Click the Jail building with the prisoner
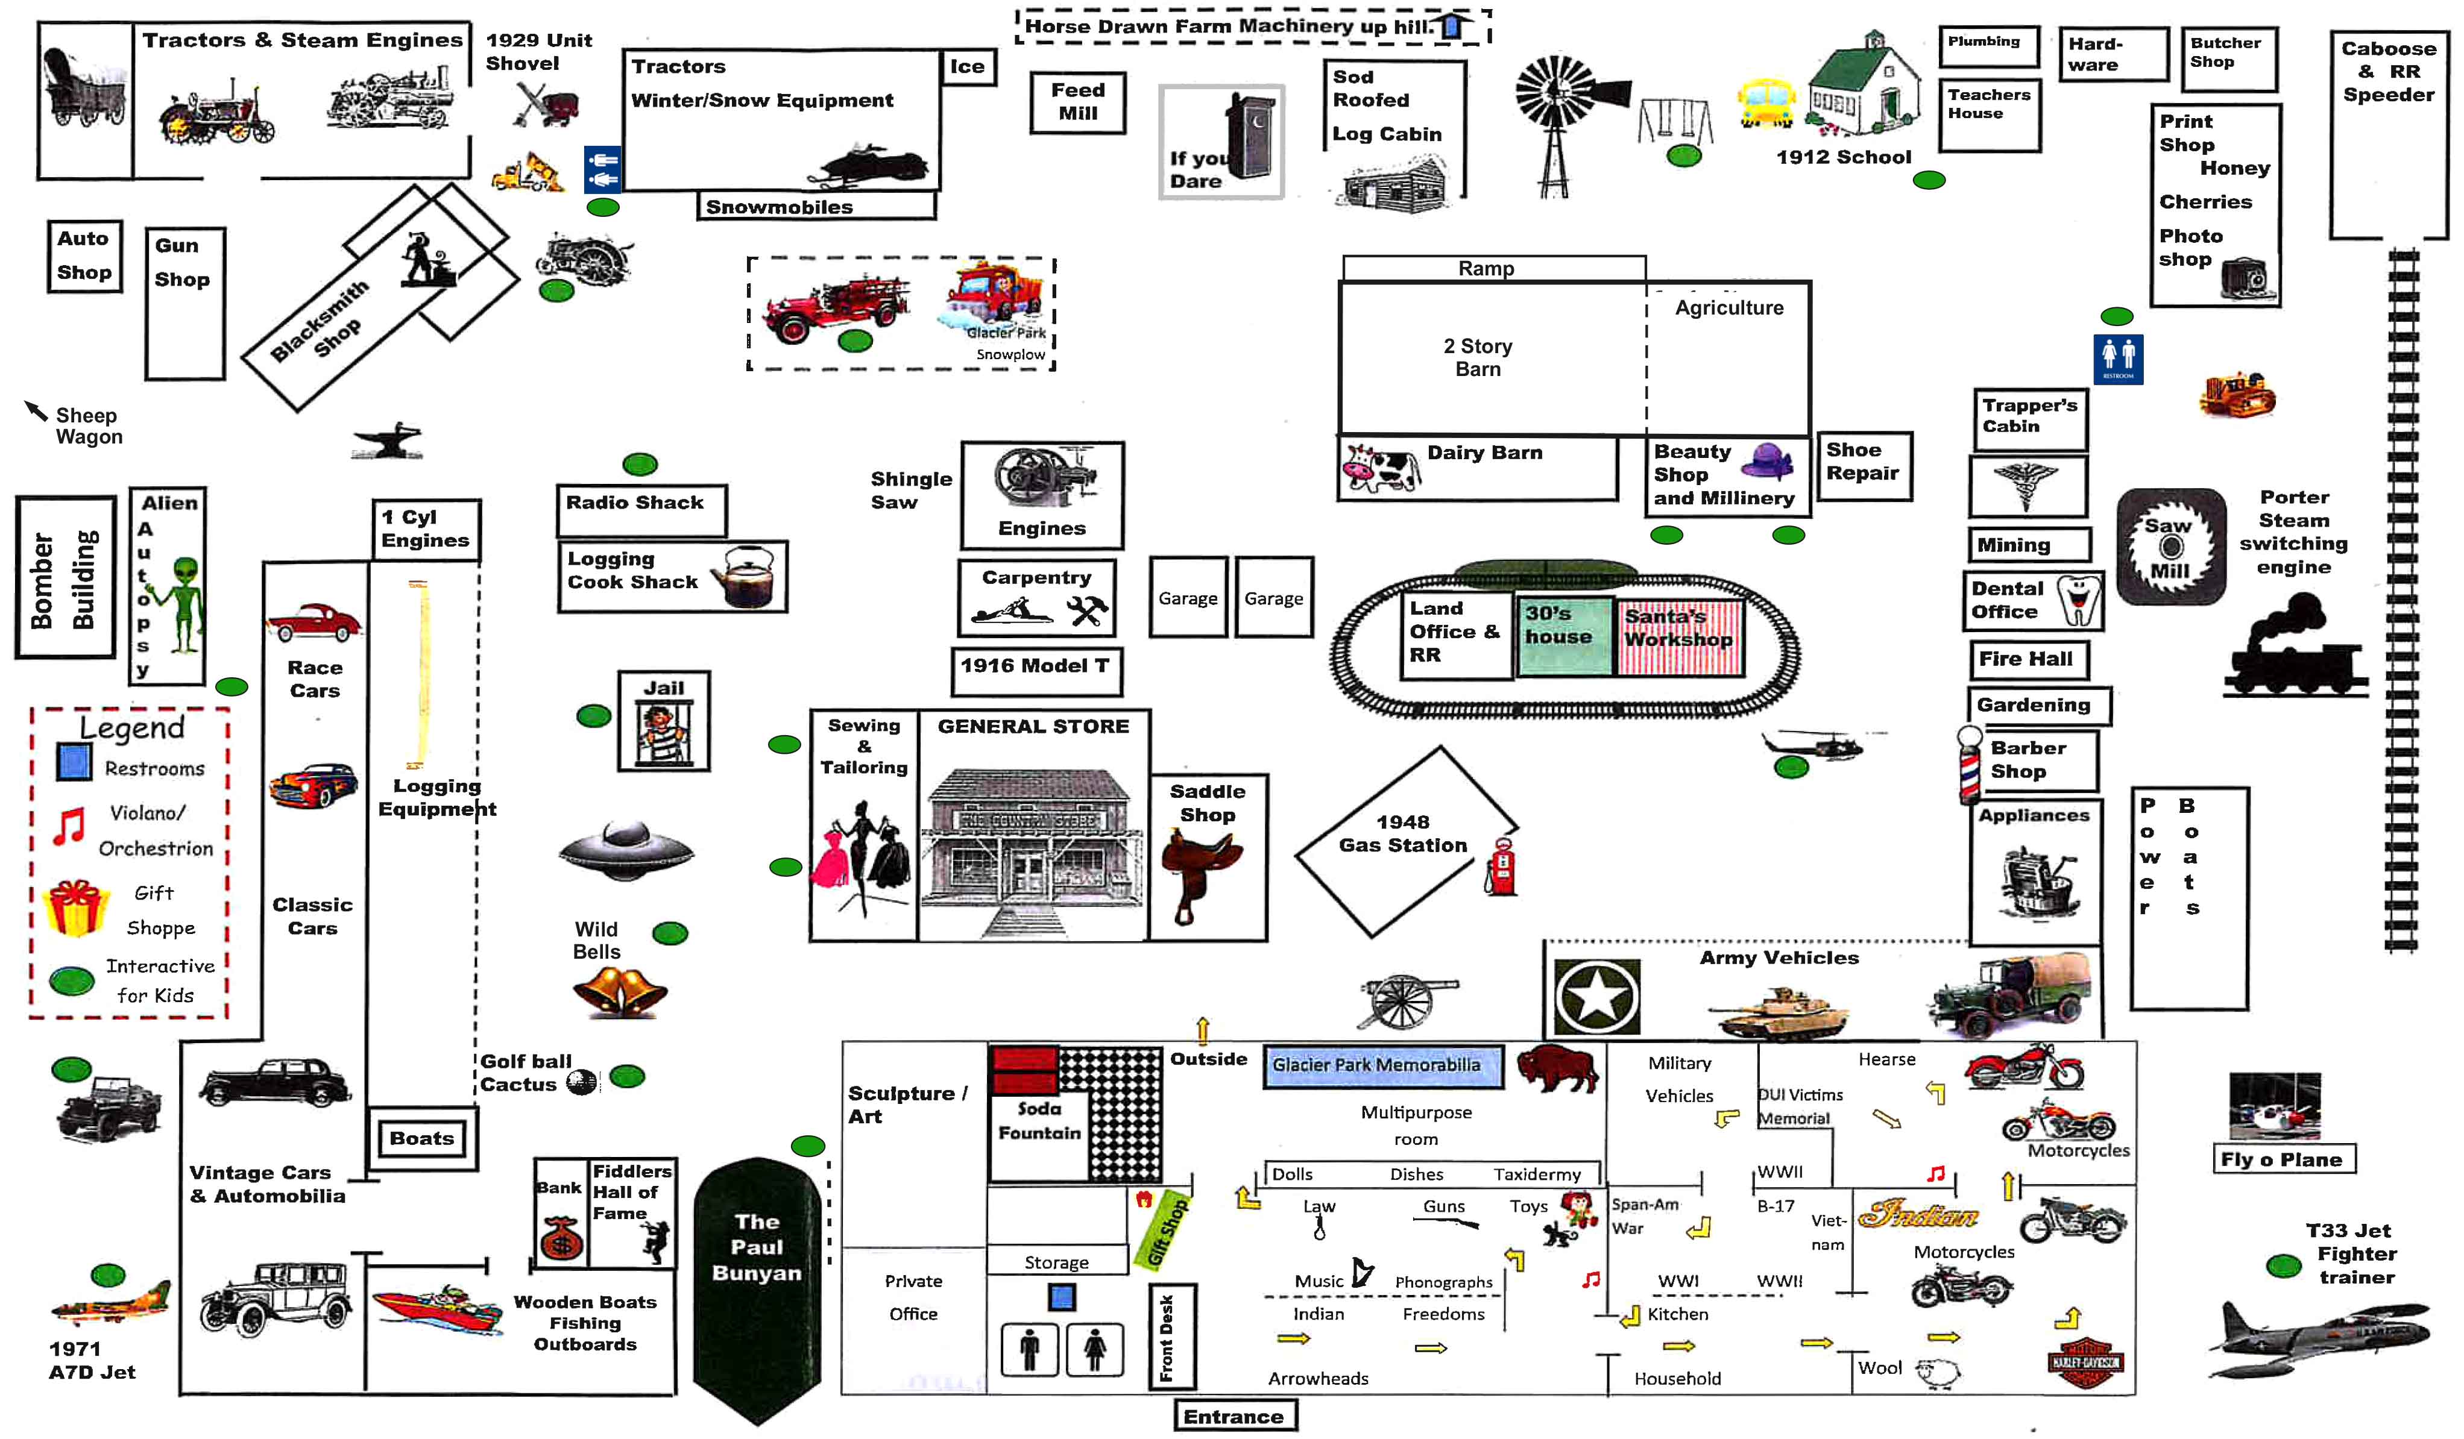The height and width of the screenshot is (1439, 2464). [664, 721]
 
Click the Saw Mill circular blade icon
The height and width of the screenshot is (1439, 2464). [2170, 547]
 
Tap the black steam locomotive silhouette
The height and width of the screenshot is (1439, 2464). [2293, 650]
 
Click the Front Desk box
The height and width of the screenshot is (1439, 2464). [1170, 1337]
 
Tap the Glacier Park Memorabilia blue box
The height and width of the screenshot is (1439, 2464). [1382, 1065]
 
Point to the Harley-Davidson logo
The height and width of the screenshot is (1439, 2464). [2085, 1362]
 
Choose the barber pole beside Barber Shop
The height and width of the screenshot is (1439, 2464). [1968, 765]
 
